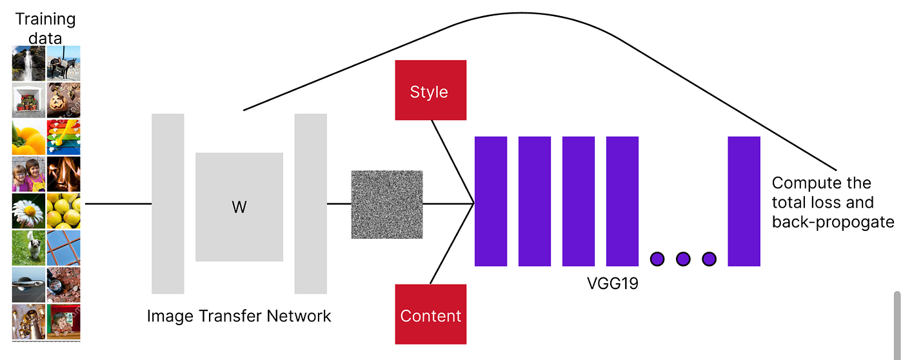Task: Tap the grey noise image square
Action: [386, 204]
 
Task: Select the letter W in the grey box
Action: [239, 208]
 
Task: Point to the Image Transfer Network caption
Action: [239, 315]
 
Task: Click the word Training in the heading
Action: [45, 19]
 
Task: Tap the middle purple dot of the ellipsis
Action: [683, 259]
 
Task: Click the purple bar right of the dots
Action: [744, 201]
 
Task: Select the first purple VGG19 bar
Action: [491, 201]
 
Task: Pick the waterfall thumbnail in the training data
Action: [28, 63]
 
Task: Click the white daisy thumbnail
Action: [28, 210]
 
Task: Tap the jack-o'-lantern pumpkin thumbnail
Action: [64, 99]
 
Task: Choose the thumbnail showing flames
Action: [64, 174]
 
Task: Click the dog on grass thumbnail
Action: [28, 248]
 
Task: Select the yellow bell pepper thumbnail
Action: [28, 137]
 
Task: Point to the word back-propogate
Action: [833, 223]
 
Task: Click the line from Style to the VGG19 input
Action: [452, 161]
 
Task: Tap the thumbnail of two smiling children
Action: [28, 174]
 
